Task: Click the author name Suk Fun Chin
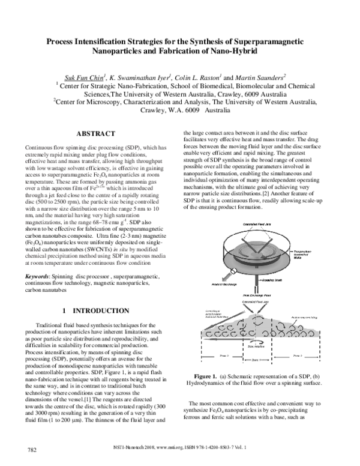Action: [84, 77]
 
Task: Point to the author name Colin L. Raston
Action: [203, 77]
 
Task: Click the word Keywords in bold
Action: [37, 276]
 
